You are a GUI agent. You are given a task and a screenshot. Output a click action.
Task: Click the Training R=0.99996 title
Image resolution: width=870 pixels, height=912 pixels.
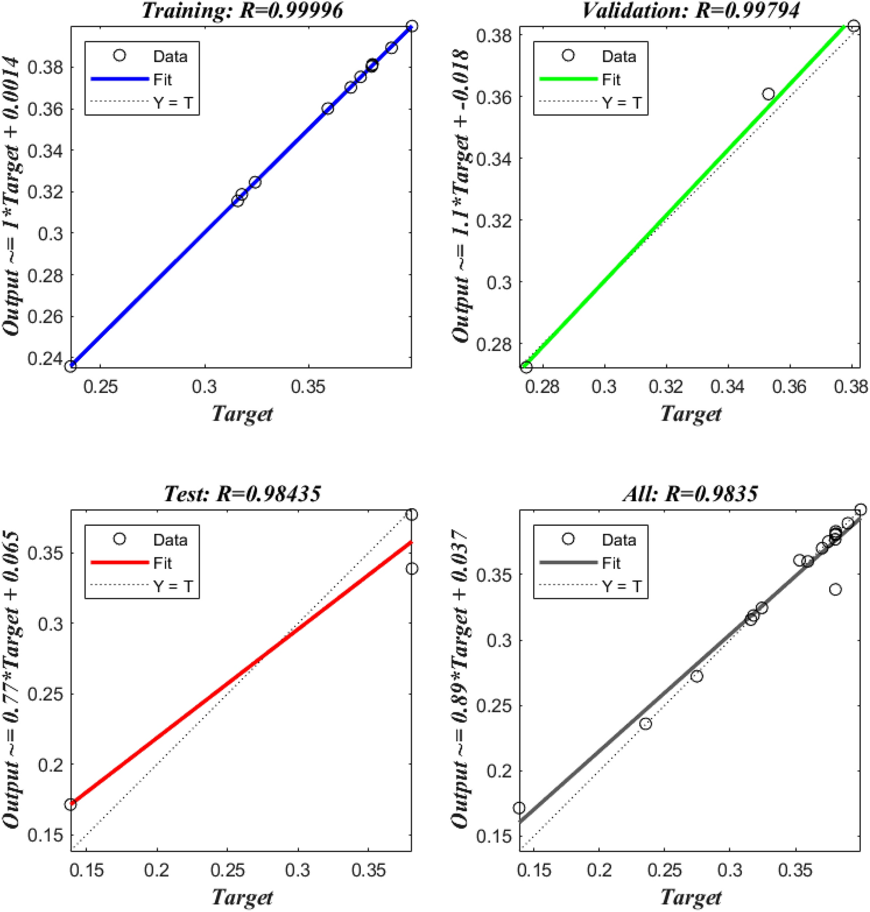(x=242, y=10)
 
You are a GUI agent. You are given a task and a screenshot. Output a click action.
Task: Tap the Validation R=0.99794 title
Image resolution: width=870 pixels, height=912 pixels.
(x=690, y=10)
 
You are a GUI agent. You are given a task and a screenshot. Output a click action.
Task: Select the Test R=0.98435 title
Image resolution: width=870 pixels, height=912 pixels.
(x=242, y=493)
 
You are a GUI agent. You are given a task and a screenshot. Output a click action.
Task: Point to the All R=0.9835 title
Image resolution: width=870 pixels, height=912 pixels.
(x=690, y=493)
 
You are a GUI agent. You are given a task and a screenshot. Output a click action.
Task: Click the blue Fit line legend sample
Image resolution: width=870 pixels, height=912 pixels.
(x=120, y=79)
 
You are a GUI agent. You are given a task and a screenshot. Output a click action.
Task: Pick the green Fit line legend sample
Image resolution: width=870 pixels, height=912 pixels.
(x=568, y=79)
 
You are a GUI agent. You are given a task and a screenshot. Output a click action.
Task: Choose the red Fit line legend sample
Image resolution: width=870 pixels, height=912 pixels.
(x=120, y=563)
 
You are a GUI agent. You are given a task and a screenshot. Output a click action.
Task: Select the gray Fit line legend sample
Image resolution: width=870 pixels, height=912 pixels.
(x=568, y=563)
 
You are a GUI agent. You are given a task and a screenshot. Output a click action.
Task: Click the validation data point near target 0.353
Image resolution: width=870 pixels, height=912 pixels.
(x=768, y=94)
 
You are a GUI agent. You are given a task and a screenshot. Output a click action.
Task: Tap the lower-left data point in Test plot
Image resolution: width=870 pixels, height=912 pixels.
(x=70, y=804)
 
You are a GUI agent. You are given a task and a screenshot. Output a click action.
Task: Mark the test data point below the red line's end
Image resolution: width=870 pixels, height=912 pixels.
(x=412, y=568)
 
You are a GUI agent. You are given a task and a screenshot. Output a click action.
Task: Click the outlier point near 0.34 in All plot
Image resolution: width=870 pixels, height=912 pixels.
(x=835, y=590)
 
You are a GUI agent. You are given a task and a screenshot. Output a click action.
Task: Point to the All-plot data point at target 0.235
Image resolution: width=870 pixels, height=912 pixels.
(x=645, y=724)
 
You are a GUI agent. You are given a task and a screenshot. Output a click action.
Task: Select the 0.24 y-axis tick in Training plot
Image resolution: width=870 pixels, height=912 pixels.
(x=45, y=358)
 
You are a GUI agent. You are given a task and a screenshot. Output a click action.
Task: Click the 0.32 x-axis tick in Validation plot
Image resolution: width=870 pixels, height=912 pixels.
(x=665, y=387)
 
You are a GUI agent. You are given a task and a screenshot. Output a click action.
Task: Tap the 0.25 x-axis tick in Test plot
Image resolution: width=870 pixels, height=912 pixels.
(x=227, y=870)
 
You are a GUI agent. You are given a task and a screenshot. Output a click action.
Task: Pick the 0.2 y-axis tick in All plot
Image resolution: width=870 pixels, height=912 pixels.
(x=499, y=771)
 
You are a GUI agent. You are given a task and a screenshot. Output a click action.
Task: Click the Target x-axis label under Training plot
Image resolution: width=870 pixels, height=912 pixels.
(x=242, y=414)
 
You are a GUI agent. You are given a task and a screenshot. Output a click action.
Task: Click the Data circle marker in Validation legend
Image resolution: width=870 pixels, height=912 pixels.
(x=568, y=55)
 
